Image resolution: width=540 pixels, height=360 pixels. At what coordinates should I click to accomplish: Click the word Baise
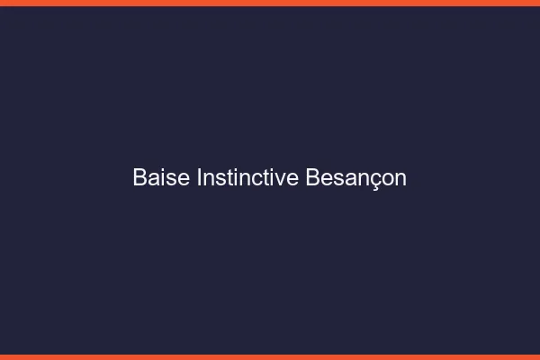coord(161,178)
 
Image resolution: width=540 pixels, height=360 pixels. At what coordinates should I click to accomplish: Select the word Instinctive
coord(247,178)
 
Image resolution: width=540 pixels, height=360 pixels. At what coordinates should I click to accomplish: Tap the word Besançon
coord(356,178)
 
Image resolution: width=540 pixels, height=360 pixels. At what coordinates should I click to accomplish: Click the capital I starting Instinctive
coord(200,178)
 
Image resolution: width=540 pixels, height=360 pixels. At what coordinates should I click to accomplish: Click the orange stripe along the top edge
coord(270,3)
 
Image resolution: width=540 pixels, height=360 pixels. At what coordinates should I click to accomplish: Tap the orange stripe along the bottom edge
coord(270,356)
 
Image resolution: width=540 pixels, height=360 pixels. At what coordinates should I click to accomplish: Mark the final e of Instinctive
coord(293,179)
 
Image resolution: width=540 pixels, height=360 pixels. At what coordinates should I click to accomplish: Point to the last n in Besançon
coord(400,179)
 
